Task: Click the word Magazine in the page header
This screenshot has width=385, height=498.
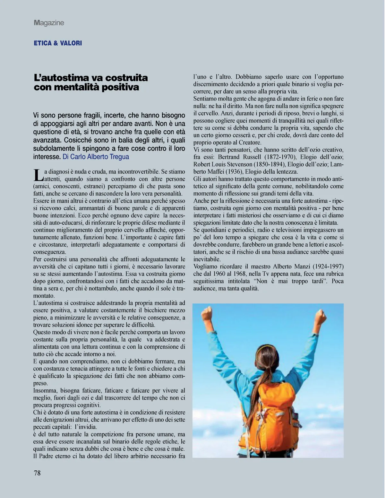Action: pyautogui.click(x=49, y=23)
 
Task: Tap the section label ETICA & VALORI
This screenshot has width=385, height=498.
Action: pyautogui.click(x=58, y=43)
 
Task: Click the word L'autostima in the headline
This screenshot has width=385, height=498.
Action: pyautogui.click(x=61, y=78)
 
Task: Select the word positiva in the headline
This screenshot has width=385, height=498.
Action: pyautogui.click(x=121, y=87)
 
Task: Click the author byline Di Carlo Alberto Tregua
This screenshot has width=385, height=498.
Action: pyautogui.click(x=96, y=157)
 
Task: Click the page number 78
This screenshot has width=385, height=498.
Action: pyautogui.click(x=37, y=473)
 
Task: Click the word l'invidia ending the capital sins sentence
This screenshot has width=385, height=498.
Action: pyautogui.click(x=86, y=427)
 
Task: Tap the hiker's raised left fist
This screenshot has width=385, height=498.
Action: pyautogui.click(x=208, y=313)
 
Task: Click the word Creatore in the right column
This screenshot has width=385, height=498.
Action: pyautogui.click(x=250, y=143)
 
